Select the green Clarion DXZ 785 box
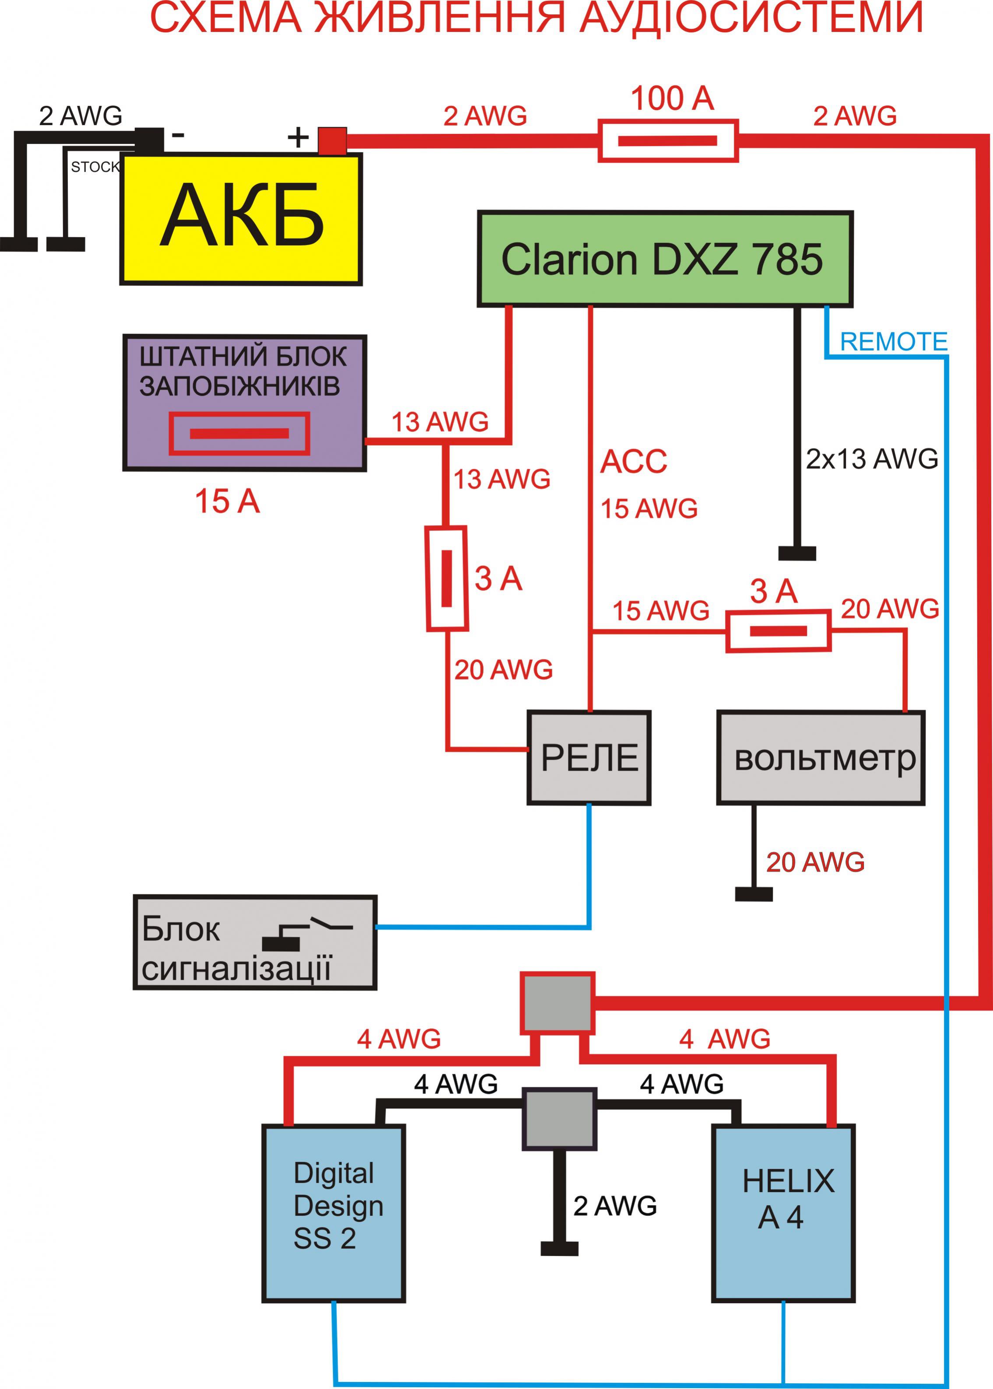pyautogui.click(x=665, y=259)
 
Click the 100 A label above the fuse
pyautogui.click(x=671, y=98)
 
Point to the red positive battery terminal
pyautogui.click(x=332, y=140)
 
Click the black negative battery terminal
pyautogui.click(x=149, y=140)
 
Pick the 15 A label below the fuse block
pyautogui.click(x=227, y=502)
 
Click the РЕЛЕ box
pyautogui.click(x=589, y=758)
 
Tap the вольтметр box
pyautogui.click(x=821, y=758)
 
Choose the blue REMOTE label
pyautogui.click(x=893, y=342)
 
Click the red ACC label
pyautogui.click(x=633, y=462)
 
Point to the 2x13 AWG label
pyautogui.click(x=871, y=459)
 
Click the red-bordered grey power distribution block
pyautogui.click(x=557, y=1003)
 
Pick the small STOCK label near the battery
pyautogui.click(x=95, y=167)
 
